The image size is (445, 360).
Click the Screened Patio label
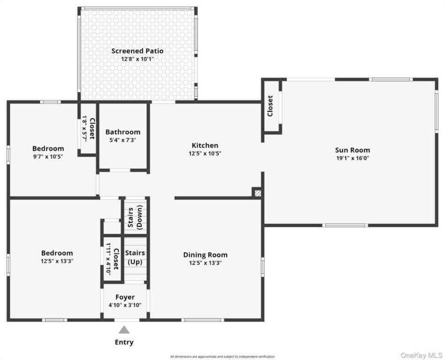(137, 51)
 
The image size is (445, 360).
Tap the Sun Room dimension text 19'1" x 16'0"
(353, 158)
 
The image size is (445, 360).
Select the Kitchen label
(205, 145)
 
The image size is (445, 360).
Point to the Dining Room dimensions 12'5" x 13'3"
(205, 263)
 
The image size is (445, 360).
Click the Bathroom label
(123, 132)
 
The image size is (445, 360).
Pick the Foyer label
(125, 297)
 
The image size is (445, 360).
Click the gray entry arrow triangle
(124, 330)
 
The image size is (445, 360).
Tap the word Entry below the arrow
(124, 342)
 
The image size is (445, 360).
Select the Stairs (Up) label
(135, 257)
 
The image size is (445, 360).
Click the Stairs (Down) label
(135, 217)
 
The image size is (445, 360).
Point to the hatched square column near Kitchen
(258, 193)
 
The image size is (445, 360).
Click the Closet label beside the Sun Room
(270, 106)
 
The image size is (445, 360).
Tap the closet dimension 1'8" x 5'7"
(84, 128)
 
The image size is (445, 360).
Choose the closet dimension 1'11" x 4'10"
(108, 258)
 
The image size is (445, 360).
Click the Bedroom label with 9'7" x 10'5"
(48, 149)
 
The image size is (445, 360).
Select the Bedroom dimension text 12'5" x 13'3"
(57, 261)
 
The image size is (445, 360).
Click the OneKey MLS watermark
(422, 355)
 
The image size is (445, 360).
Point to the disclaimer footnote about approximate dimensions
(222, 357)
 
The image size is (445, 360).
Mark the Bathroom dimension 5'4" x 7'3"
(123, 140)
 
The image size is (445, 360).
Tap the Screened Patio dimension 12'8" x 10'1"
(137, 59)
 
